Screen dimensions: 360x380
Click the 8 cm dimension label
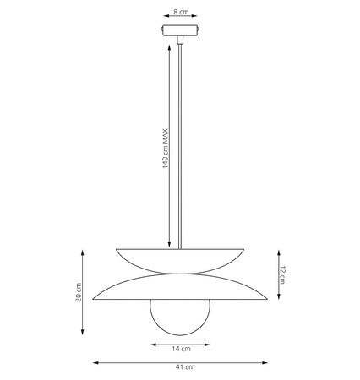click(x=181, y=12)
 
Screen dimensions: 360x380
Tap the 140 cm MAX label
click(x=165, y=149)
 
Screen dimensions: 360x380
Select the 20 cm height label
click(x=79, y=292)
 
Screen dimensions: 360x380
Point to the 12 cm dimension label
click(x=282, y=274)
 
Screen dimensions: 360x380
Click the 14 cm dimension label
click(x=181, y=349)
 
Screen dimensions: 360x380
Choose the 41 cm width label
click(x=185, y=367)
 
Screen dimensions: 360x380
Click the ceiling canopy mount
click(x=180, y=30)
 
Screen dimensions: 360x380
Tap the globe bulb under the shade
click(x=180, y=318)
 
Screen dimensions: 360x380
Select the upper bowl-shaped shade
click(x=180, y=261)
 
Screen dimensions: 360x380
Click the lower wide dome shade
click(x=180, y=286)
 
